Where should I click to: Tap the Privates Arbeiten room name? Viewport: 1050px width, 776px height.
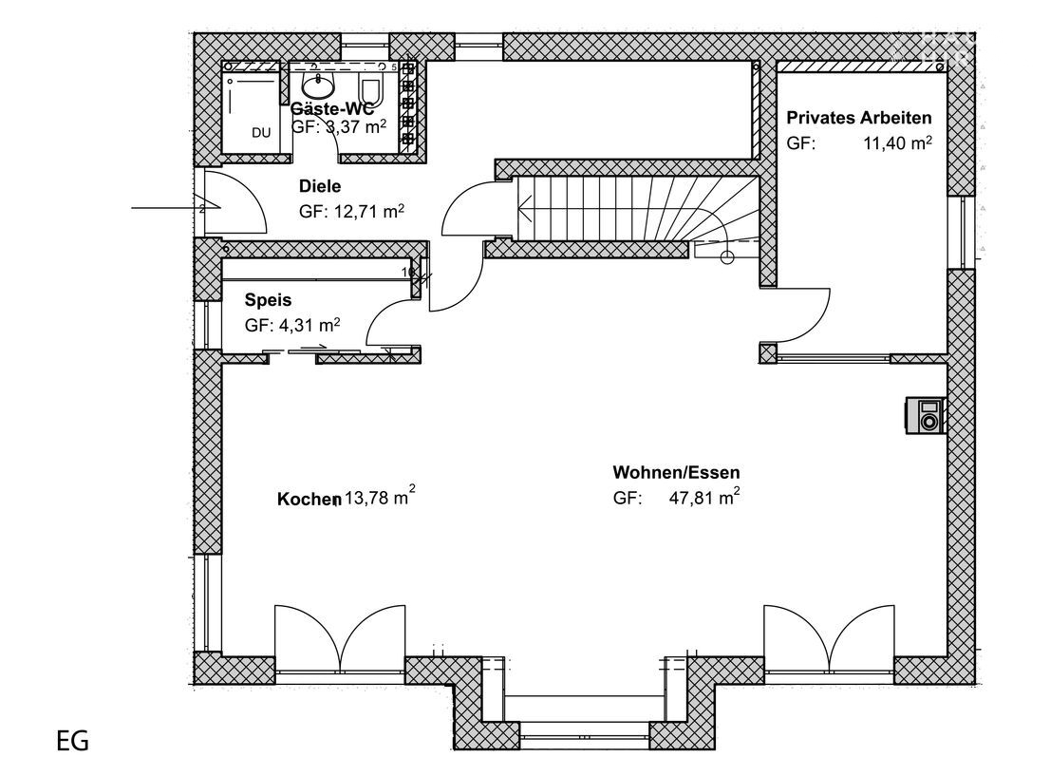point(859,118)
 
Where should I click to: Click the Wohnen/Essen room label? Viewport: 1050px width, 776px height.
point(676,472)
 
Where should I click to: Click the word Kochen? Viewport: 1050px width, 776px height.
point(309,499)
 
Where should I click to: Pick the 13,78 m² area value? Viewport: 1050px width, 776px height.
point(379,497)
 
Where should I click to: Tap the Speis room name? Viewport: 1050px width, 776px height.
point(268,299)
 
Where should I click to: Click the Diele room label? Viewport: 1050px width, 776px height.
point(319,186)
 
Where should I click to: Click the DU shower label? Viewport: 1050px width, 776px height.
point(261,133)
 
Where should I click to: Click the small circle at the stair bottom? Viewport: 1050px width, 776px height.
point(728,256)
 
